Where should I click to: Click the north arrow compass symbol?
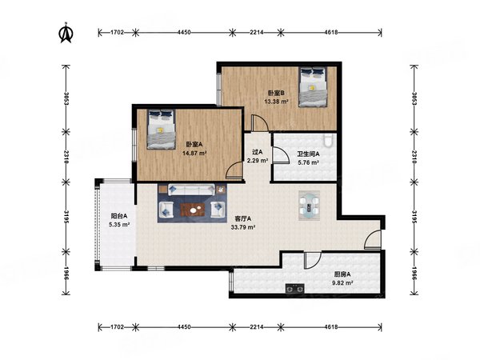point(66,33)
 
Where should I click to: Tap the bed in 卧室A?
point(161,129)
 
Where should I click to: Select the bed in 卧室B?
point(313,87)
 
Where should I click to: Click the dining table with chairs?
point(309,205)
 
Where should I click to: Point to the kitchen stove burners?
point(294,288)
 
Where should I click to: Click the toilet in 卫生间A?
point(328,139)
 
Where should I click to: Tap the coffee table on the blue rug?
point(193,210)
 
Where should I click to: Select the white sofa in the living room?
point(191,190)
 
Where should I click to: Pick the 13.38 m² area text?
point(276,102)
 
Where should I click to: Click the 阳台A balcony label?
point(119,216)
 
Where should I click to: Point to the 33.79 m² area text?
point(243,227)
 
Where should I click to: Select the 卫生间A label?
point(308,154)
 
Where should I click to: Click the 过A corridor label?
point(258,151)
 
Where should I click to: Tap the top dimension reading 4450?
point(184,32)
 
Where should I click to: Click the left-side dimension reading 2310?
point(66,157)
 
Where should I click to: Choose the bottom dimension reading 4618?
point(331,327)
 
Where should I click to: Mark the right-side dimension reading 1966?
point(414,274)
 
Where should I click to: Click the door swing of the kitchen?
point(313,261)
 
